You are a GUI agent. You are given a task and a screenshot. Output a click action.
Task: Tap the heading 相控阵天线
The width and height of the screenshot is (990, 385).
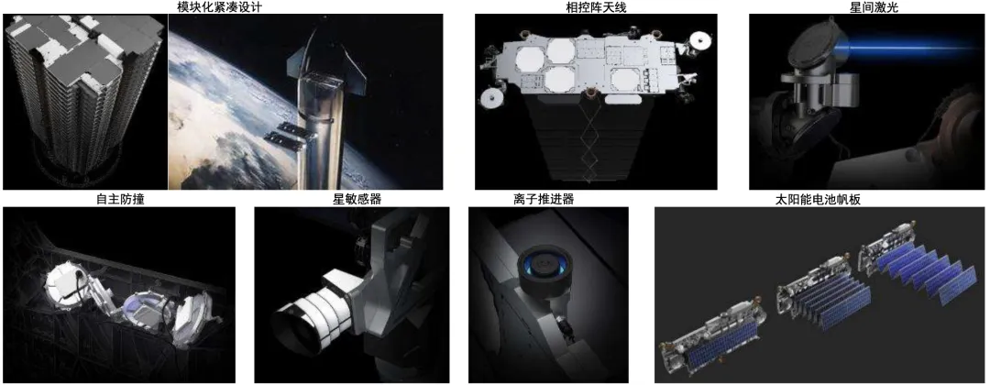pyautogui.click(x=596, y=7)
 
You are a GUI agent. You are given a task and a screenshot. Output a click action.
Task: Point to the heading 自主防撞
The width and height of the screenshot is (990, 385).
pyautogui.click(x=118, y=200)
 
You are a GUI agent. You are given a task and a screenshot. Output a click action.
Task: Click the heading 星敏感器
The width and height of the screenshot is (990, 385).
pyautogui.click(x=352, y=200)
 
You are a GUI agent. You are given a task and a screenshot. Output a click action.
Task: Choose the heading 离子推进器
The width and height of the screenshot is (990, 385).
pyautogui.click(x=548, y=200)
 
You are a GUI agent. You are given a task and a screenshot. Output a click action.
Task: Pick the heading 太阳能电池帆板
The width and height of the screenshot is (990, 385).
pyautogui.click(x=818, y=200)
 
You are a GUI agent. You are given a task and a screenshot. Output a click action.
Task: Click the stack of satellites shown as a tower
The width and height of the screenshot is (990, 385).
pyautogui.click(x=80, y=92)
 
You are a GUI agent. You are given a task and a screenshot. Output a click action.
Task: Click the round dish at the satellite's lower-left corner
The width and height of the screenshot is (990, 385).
pyautogui.click(x=489, y=98)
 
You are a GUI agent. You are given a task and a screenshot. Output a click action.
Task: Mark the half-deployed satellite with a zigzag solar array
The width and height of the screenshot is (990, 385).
pyautogui.click(x=824, y=295)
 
